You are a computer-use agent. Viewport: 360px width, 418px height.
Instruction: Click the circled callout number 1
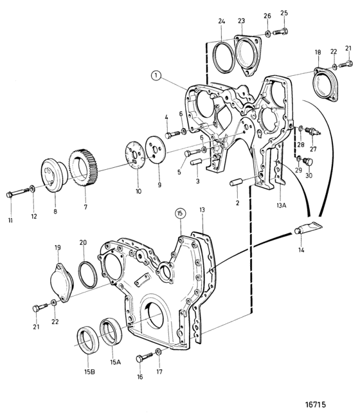pos(156,76)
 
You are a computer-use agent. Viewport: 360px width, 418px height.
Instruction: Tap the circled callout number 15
pos(180,213)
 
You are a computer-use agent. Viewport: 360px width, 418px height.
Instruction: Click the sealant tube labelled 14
pos(308,228)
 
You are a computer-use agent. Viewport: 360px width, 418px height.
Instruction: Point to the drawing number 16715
pos(315,404)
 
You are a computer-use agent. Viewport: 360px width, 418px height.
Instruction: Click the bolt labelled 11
pos(17,193)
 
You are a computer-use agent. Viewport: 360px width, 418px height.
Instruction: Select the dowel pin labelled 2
pos(236,184)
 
